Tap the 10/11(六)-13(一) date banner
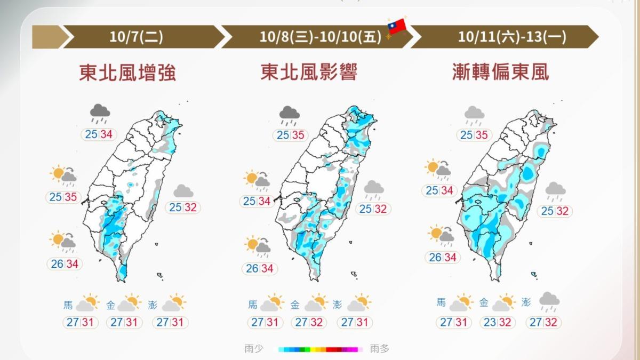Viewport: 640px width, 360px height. [x=504, y=37]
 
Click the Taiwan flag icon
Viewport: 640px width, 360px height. [x=397, y=26]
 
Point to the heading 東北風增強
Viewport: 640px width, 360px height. [x=127, y=73]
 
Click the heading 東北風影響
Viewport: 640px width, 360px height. [x=309, y=73]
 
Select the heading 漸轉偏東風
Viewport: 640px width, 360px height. [x=500, y=73]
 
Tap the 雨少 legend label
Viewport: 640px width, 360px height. [x=254, y=349]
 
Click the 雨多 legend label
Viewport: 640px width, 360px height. [x=380, y=349]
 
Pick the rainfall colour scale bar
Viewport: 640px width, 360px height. [x=320, y=349]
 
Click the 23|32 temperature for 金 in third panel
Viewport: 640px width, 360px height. [x=498, y=322]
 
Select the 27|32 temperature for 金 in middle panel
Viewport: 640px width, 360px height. [x=309, y=322]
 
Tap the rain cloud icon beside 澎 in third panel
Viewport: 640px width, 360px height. [x=549, y=302]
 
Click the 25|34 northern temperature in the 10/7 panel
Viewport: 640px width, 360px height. [x=99, y=134]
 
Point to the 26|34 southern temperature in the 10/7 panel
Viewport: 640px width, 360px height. [x=65, y=263]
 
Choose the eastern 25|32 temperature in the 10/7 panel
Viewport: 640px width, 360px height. [x=183, y=207]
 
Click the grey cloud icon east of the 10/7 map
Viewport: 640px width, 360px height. [x=183, y=191]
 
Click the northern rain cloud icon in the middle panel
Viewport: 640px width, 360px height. [x=290, y=114]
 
